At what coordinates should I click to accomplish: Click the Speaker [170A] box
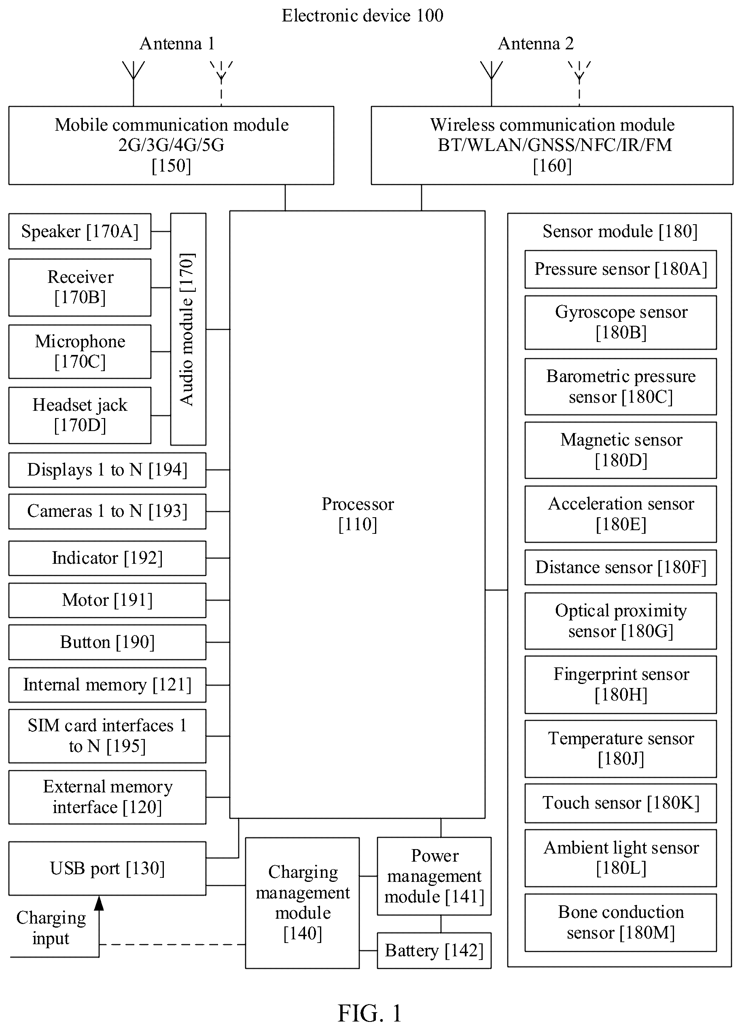point(80,231)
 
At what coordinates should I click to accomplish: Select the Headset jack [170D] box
point(80,415)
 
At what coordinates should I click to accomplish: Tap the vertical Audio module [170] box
point(188,329)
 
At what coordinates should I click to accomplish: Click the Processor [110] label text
point(358,514)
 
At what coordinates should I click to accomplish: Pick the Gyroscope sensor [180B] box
point(621,323)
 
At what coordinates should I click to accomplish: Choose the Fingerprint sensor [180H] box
point(621,684)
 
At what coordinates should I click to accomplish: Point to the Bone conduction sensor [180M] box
point(621,922)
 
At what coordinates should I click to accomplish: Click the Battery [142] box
point(434,951)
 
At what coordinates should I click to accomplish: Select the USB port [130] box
point(107,869)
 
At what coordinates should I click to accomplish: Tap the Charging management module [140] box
point(303,903)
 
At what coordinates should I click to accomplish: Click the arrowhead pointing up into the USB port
point(99,903)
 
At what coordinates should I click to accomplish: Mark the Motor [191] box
point(107,600)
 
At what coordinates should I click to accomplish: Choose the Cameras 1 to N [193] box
point(107,512)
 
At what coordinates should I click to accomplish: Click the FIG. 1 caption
point(370,1013)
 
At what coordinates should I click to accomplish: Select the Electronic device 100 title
point(363,16)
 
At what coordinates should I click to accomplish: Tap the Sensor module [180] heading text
point(620,231)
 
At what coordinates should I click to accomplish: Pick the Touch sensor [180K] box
point(621,803)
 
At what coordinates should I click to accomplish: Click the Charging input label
point(51,928)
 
